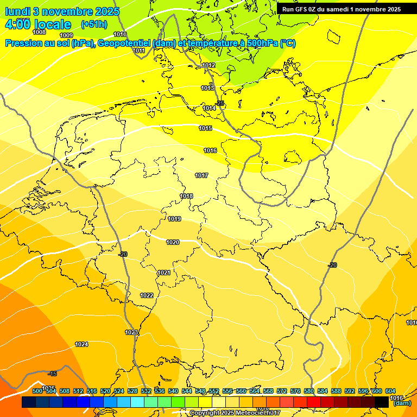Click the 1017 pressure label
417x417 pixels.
(x=201, y=175)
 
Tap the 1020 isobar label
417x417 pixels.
(x=173, y=242)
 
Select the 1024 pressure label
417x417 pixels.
(x=81, y=344)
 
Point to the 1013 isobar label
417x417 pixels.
(x=207, y=88)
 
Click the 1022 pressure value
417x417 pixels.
(x=147, y=295)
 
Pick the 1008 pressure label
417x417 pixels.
(x=39, y=32)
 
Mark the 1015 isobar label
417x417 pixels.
(x=205, y=128)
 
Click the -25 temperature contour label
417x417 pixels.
(x=219, y=103)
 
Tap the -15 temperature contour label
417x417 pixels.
(x=52, y=374)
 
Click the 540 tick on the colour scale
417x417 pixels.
(x=173, y=391)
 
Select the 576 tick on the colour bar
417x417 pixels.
(x=295, y=391)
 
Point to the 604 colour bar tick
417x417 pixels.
(x=390, y=391)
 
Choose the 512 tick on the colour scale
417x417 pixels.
(x=78, y=391)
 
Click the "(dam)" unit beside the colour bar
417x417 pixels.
(x=402, y=403)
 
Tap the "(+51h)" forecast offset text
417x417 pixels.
(x=94, y=24)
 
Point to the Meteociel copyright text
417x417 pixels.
(x=235, y=413)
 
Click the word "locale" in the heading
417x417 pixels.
(x=52, y=24)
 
